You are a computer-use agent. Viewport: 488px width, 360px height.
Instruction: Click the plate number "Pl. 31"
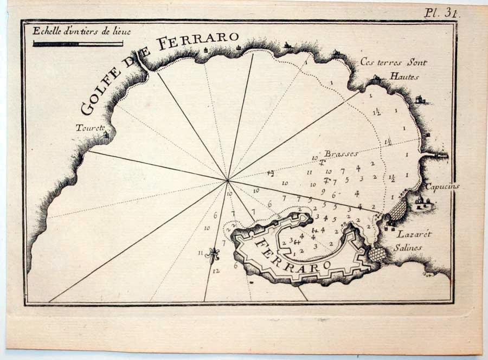[442, 14]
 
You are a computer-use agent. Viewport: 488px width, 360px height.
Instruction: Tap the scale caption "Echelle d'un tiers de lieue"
[78, 31]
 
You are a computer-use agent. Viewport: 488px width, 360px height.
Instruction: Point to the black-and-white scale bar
[78, 43]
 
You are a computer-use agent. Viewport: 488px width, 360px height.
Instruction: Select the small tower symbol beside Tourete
[106, 134]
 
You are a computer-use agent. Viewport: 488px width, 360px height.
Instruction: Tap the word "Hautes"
[404, 76]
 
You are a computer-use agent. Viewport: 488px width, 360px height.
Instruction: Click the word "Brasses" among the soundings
[342, 153]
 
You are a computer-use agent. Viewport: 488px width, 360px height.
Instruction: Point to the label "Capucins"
[442, 187]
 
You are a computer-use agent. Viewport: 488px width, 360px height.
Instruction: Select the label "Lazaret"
[413, 234]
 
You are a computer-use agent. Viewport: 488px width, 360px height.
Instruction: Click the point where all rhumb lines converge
[228, 180]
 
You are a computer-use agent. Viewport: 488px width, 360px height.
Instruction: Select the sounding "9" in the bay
[323, 191]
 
